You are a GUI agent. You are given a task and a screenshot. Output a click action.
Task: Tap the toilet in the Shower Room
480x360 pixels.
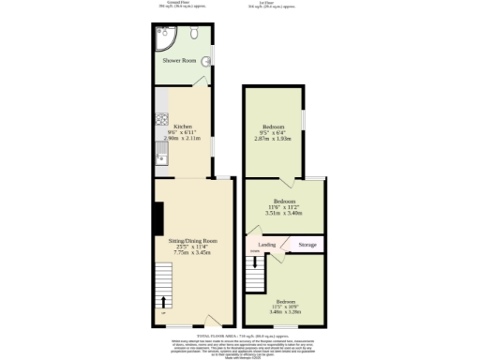coord(192,33)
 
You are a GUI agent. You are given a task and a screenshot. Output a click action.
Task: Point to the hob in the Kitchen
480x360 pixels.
coord(160,120)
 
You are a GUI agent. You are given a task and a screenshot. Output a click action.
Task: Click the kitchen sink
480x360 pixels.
coord(160,155)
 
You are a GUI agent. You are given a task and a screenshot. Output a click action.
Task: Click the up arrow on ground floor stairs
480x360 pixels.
coord(164,301)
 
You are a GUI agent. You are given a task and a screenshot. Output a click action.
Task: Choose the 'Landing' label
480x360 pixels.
coord(267,245)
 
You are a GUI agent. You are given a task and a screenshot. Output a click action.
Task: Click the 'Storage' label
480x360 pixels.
coord(307,245)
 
